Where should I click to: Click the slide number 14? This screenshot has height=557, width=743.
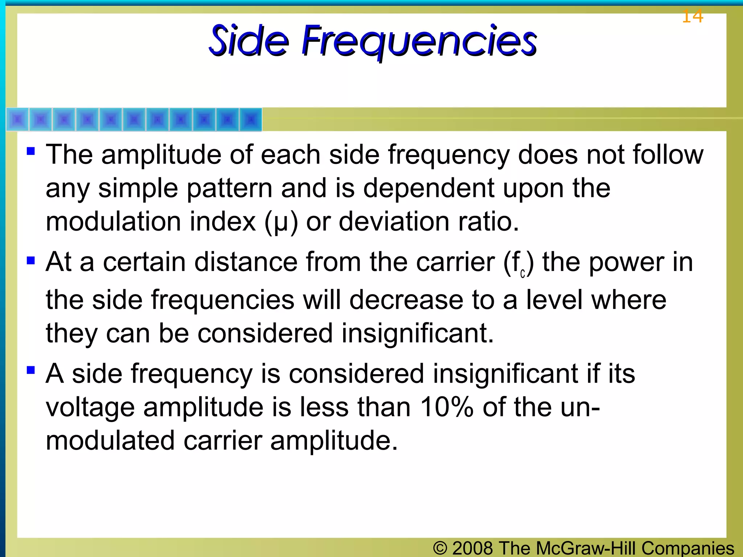(692, 17)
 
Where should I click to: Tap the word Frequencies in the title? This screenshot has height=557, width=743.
(419, 41)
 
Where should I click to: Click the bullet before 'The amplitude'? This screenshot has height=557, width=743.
(31, 150)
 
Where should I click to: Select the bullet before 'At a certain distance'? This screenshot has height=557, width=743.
(31, 260)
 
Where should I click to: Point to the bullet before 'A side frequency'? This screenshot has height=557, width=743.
(31, 370)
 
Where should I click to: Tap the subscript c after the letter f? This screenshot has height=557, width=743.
(522, 274)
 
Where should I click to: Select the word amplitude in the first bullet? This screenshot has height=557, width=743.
(161, 155)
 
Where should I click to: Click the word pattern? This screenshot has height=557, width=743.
(229, 188)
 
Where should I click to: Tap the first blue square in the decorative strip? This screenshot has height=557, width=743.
(18, 119)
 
